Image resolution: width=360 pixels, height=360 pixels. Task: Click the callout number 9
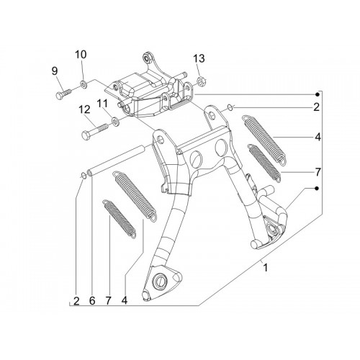click(x=55, y=71)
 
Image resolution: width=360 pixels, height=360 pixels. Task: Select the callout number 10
click(x=81, y=55)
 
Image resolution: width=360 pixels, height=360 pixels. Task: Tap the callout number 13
click(x=199, y=58)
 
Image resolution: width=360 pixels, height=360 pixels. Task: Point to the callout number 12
click(x=84, y=109)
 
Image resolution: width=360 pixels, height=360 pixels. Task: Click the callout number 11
click(x=102, y=104)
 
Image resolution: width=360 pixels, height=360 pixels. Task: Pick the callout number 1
click(x=265, y=268)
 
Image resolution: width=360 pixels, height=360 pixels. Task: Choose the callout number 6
click(x=92, y=301)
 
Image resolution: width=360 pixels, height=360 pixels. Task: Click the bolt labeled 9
click(x=63, y=94)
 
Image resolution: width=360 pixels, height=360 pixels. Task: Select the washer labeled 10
click(x=84, y=84)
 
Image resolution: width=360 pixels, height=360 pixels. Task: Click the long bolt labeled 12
click(x=94, y=130)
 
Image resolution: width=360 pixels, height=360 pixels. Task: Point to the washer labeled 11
click(x=115, y=120)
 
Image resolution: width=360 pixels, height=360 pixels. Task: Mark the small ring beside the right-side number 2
click(x=230, y=107)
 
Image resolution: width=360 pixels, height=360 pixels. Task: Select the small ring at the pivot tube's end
click(x=84, y=176)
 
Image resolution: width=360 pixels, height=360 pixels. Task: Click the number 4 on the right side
click(x=318, y=138)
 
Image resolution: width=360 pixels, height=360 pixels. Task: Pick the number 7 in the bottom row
click(x=108, y=301)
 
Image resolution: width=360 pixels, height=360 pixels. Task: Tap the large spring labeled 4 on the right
click(x=264, y=140)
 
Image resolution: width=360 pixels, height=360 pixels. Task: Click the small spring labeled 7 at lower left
click(x=120, y=219)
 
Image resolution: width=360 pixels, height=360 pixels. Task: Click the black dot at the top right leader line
click(x=318, y=94)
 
